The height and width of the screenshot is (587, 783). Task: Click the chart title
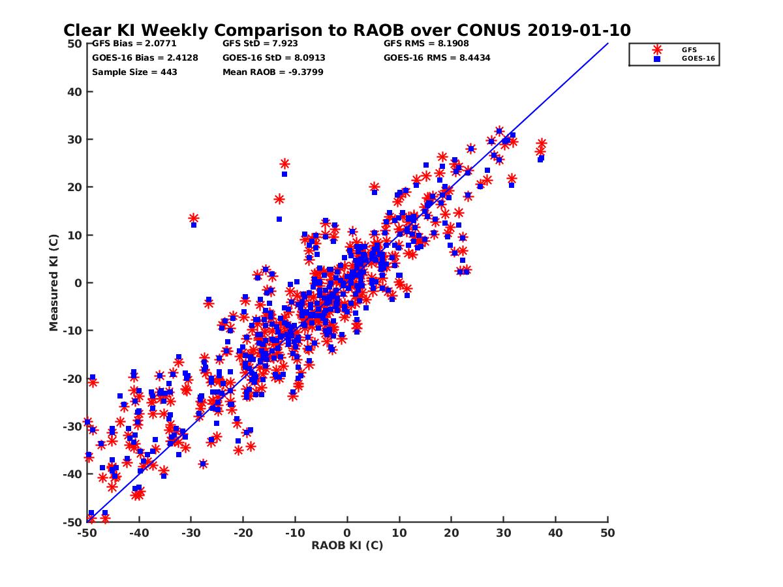tap(346, 31)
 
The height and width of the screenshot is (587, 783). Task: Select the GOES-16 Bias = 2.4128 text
tap(145, 58)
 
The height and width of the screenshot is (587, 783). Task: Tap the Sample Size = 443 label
tap(134, 72)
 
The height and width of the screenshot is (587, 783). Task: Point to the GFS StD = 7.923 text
tap(260, 44)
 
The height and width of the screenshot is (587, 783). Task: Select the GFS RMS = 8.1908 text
tap(426, 44)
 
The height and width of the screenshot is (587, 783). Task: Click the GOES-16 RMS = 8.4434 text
tap(437, 58)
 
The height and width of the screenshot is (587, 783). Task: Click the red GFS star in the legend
tap(657, 50)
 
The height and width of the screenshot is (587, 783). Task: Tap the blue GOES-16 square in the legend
tap(657, 59)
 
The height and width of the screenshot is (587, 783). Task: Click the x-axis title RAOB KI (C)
tap(347, 545)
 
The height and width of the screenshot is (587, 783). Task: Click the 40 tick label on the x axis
tap(555, 533)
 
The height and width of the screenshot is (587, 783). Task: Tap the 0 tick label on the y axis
tap(77, 282)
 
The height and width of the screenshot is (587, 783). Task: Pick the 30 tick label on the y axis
tap(74, 139)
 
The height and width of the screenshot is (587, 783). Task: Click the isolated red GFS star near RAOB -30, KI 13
tap(193, 218)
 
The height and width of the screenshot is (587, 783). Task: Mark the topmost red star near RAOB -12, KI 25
tap(284, 164)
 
